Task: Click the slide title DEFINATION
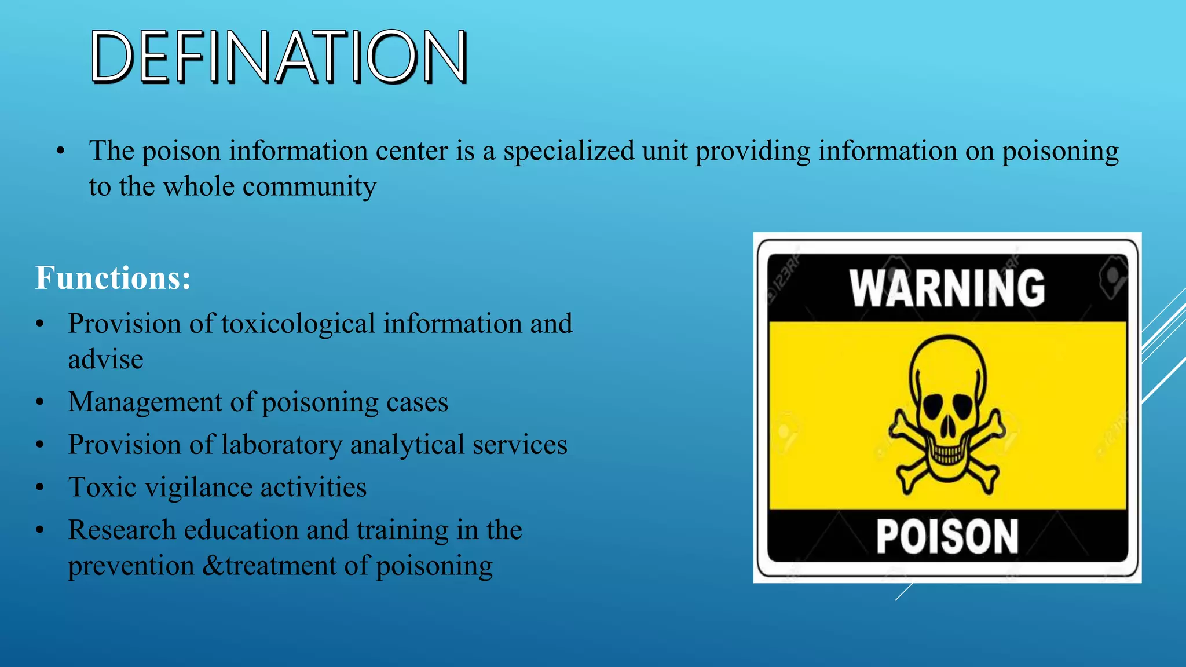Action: (279, 57)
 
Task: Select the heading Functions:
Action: (113, 278)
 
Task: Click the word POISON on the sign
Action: (947, 536)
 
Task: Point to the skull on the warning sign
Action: (947, 405)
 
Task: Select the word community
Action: (309, 187)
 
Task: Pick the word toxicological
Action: (298, 324)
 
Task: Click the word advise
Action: (105, 360)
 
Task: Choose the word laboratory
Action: (282, 445)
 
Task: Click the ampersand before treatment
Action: (213, 566)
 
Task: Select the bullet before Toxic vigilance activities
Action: (40, 488)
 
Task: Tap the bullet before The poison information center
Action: (61, 152)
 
